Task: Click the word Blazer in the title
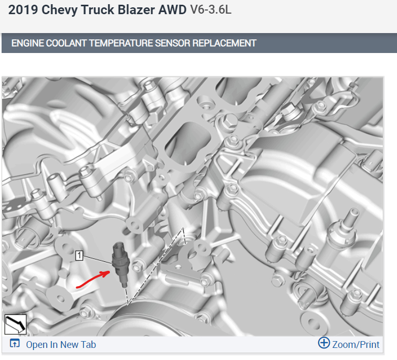(x=136, y=10)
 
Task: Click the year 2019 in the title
(x=23, y=10)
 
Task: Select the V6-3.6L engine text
(x=211, y=9)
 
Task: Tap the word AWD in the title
(x=172, y=10)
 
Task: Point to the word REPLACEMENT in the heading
(x=224, y=43)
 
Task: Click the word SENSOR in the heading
(x=172, y=43)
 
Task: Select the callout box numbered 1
(x=79, y=256)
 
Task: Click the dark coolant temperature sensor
(x=121, y=263)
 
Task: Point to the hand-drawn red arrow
(x=92, y=280)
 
